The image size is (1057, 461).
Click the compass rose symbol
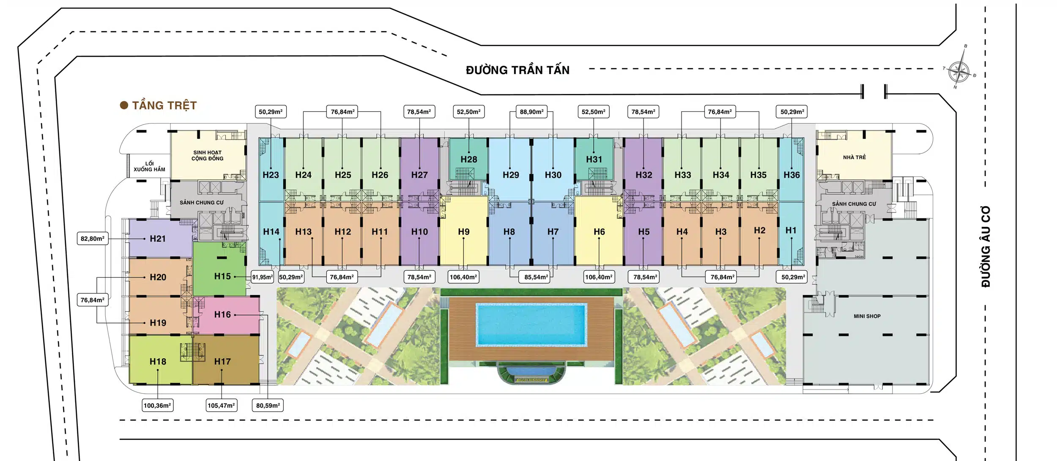coord(959,71)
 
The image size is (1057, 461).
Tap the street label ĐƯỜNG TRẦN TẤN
coord(518,70)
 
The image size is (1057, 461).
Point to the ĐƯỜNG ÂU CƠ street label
coord(986,246)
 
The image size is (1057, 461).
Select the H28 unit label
coord(468,160)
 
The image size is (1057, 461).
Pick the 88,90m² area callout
coord(531,112)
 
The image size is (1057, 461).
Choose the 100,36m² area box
coord(157,406)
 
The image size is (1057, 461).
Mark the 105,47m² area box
coord(221,406)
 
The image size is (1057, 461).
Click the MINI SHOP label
coord(867,316)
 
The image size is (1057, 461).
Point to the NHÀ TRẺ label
coord(854,157)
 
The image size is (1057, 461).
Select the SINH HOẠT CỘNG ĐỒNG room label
coord(207,155)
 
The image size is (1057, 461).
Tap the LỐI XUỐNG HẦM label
coord(149,166)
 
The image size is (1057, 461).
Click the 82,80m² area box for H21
coord(93,239)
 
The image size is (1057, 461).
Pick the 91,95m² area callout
coord(263,277)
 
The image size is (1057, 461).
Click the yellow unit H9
coord(463,232)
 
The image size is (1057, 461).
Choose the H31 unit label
coord(594,160)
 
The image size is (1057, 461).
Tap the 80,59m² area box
coord(268,406)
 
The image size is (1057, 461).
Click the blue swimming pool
coord(531,325)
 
